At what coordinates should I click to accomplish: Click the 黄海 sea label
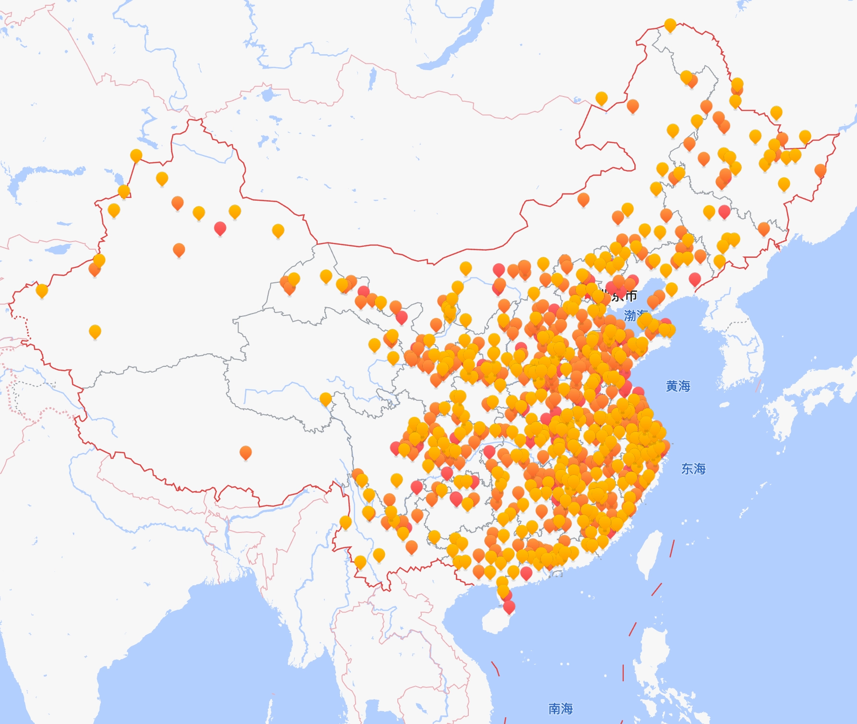(678, 386)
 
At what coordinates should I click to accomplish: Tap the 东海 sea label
(693, 469)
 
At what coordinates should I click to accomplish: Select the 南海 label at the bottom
(560, 709)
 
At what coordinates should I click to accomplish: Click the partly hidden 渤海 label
(631, 315)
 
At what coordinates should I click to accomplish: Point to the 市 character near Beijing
(631, 296)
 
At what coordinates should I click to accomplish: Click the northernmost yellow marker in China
(670, 25)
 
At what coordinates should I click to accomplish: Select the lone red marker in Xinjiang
(220, 228)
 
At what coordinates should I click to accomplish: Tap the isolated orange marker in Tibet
(245, 452)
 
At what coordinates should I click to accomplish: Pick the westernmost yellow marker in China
(42, 290)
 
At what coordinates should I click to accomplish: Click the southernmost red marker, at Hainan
(509, 607)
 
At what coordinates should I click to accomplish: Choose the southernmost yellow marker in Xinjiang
(95, 331)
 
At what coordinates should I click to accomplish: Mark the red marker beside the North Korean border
(694, 278)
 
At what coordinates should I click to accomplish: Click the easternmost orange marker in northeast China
(820, 170)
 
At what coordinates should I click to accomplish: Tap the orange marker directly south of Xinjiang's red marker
(179, 249)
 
